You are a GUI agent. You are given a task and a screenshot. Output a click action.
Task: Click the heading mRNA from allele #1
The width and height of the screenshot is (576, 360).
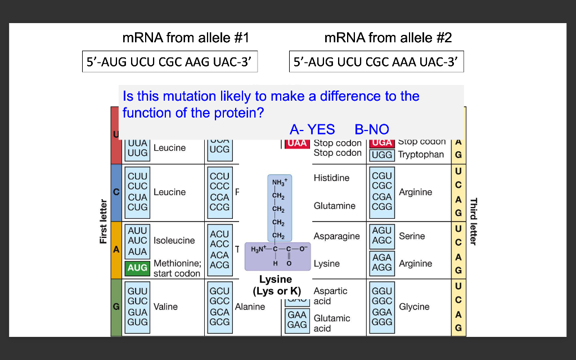click(185, 38)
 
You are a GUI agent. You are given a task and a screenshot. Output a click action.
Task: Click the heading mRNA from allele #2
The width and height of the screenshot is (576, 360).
click(388, 38)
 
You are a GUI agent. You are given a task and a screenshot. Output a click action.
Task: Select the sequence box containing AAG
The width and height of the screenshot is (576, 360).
click(169, 62)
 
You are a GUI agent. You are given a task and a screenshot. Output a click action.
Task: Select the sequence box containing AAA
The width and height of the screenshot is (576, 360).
click(376, 62)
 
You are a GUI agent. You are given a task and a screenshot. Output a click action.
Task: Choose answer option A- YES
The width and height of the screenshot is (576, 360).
click(312, 129)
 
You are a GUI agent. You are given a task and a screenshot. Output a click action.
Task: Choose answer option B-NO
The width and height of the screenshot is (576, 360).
click(372, 129)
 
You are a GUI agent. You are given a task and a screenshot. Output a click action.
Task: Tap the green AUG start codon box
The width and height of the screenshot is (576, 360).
click(137, 268)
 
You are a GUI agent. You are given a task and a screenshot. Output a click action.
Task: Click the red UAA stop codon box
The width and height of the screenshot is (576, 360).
click(297, 143)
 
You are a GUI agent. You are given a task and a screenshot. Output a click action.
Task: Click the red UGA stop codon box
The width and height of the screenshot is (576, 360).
click(382, 143)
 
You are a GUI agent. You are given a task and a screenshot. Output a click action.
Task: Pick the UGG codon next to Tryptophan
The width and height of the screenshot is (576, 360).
click(382, 155)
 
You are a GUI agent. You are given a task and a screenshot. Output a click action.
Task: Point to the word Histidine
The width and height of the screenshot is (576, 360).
click(331, 178)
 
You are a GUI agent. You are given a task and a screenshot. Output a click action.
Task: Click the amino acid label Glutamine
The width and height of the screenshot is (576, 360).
click(335, 206)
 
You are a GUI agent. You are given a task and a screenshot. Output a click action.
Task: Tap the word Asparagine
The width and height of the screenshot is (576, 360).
click(336, 236)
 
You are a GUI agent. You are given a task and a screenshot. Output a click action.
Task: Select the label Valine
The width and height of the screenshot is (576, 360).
click(165, 307)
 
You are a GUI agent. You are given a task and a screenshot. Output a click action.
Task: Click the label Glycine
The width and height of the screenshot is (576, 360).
click(414, 307)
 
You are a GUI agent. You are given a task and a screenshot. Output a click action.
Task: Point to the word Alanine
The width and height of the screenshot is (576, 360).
click(250, 307)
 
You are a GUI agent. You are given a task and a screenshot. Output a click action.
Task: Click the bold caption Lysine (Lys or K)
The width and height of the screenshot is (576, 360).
click(276, 285)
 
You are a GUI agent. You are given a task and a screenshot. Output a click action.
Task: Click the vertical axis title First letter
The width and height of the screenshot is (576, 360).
click(103, 222)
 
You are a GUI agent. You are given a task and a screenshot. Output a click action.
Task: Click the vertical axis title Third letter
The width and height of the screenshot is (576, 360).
click(473, 222)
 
